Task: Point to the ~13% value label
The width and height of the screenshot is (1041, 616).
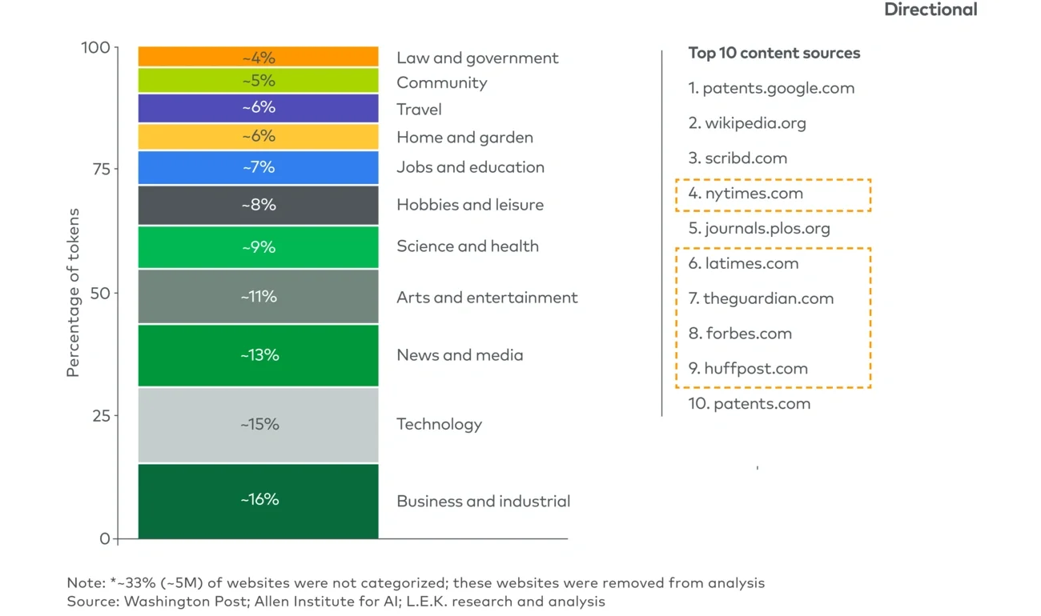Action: [259, 355]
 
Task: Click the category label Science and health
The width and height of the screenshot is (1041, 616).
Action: [468, 246]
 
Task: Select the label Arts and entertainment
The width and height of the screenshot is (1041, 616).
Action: [487, 298]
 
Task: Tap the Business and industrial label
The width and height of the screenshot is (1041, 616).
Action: [484, 502]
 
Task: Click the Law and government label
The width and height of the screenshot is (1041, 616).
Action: [477, 58]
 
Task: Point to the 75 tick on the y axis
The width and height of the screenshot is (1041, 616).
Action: [100, 169]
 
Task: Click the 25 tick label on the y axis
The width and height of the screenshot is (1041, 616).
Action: [100, 416]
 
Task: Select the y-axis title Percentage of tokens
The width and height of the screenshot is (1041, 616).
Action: [74, 293]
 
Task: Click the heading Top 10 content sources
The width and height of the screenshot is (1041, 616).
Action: [774, 54]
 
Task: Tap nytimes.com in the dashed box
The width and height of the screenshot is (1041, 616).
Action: [746, 194]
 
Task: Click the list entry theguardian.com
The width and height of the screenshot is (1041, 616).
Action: [761, 298]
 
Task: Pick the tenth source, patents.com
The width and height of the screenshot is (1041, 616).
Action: [749, 404]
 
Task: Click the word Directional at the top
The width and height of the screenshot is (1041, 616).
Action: [930, 10]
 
